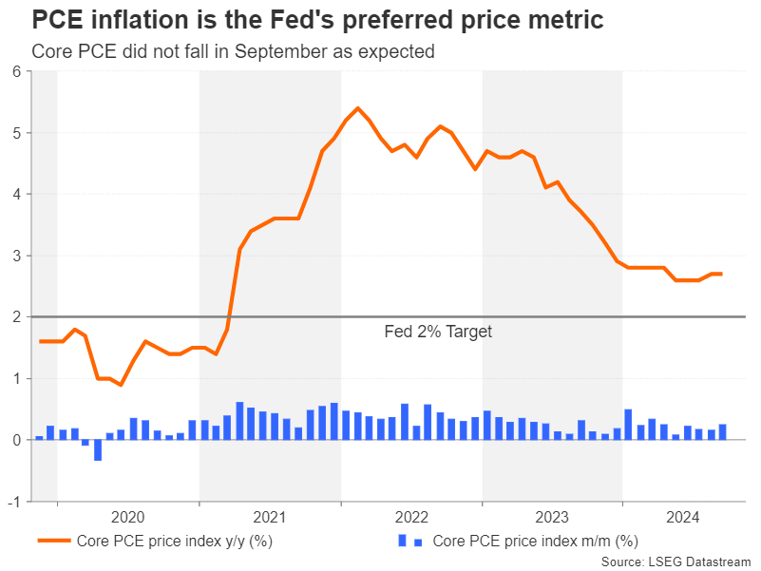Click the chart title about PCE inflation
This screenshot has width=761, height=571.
coord(317,20)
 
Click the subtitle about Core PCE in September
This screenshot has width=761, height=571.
coord(233,51)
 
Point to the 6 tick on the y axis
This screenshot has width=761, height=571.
coord(16,71)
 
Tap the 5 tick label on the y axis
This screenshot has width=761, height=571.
coord(16,133)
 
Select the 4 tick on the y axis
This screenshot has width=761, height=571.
coord(16,194)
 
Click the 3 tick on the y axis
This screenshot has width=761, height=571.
coord(16,256)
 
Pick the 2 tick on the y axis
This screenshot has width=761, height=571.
coord(16,317)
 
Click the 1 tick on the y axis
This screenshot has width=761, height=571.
coord(16,378)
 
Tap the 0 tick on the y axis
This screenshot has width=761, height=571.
coord(16,440)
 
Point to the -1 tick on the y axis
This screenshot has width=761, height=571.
coord(14,502)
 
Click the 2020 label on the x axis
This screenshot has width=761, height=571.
coord(127,518)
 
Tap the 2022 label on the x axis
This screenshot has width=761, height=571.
coord(411,518)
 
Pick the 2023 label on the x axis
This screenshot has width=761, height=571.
coord(553,518)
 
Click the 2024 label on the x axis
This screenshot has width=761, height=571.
coord(684,518)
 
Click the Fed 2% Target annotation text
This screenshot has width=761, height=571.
coord(438,332)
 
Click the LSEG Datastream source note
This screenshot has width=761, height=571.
coord(676,561)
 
